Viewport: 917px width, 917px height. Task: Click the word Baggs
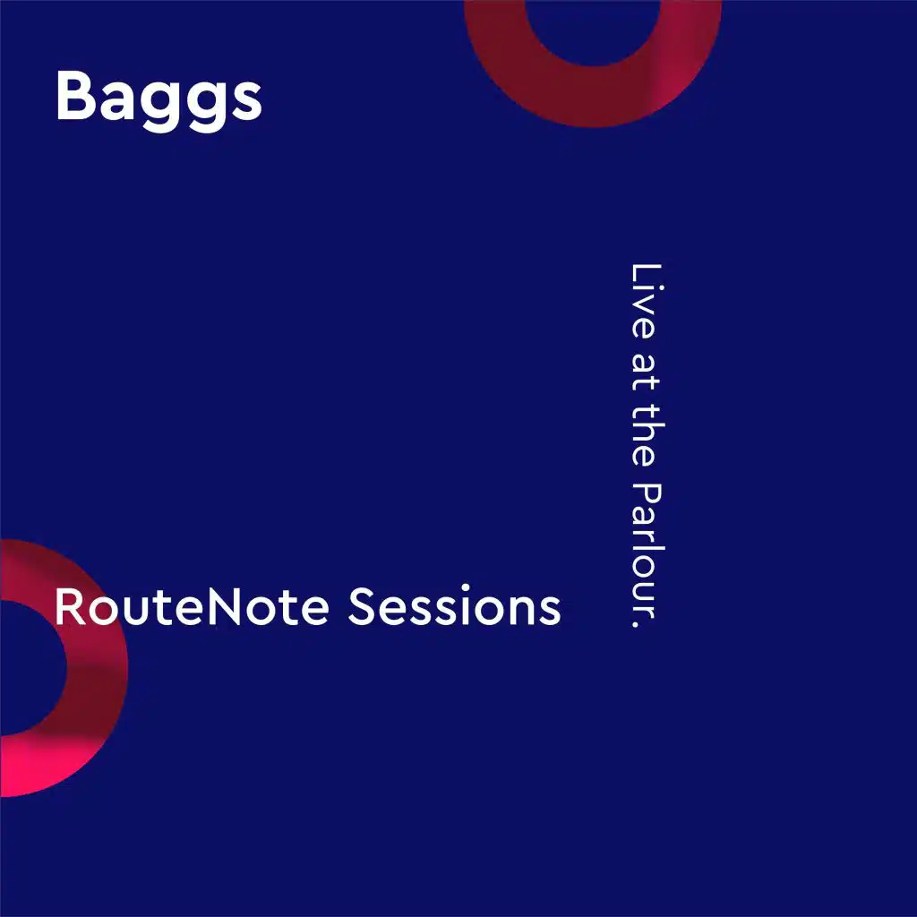tap(159, 99)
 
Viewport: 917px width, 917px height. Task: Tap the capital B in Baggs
tap(75, 95)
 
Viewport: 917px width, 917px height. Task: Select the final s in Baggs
tap(245, 101)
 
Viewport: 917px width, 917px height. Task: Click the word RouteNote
tap(192, 606)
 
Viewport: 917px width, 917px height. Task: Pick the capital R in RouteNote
tap(70, 606)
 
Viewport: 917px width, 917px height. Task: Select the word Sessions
tap(454, 605)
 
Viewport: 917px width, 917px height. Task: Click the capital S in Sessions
tap(362, 606)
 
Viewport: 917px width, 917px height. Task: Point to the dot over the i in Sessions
tap(466, 587)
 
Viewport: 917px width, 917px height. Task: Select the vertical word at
tap(646, 373)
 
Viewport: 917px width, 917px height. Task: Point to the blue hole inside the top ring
tap(593, 30)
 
